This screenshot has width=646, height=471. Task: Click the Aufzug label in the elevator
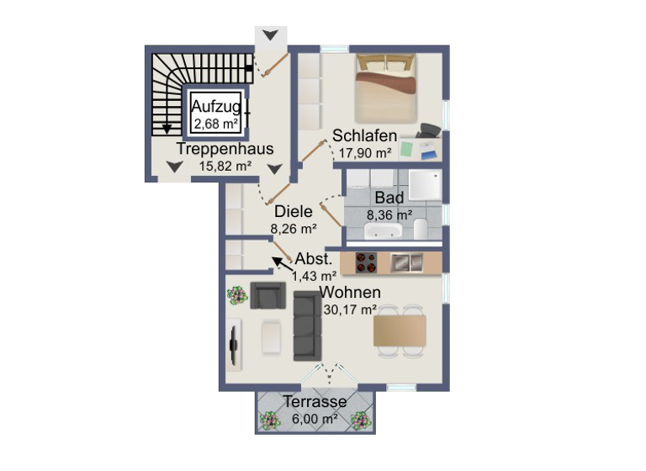click(216, 107)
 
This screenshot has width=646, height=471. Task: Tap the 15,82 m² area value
click(225, 166)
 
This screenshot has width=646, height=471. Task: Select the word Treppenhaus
click(225, 149)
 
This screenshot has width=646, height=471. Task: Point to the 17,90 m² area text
click(365, 153)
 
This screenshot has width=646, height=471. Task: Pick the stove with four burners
click(366, 263)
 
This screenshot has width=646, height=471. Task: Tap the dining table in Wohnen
click(401, 331)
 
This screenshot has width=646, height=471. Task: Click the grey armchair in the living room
click(268, 295)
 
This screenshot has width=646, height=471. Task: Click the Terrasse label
click(315, 401)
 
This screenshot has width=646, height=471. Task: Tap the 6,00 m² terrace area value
click(315, 418)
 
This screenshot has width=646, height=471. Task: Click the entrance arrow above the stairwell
click(270, 35)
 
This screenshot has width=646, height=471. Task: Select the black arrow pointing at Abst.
click(278, 264)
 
